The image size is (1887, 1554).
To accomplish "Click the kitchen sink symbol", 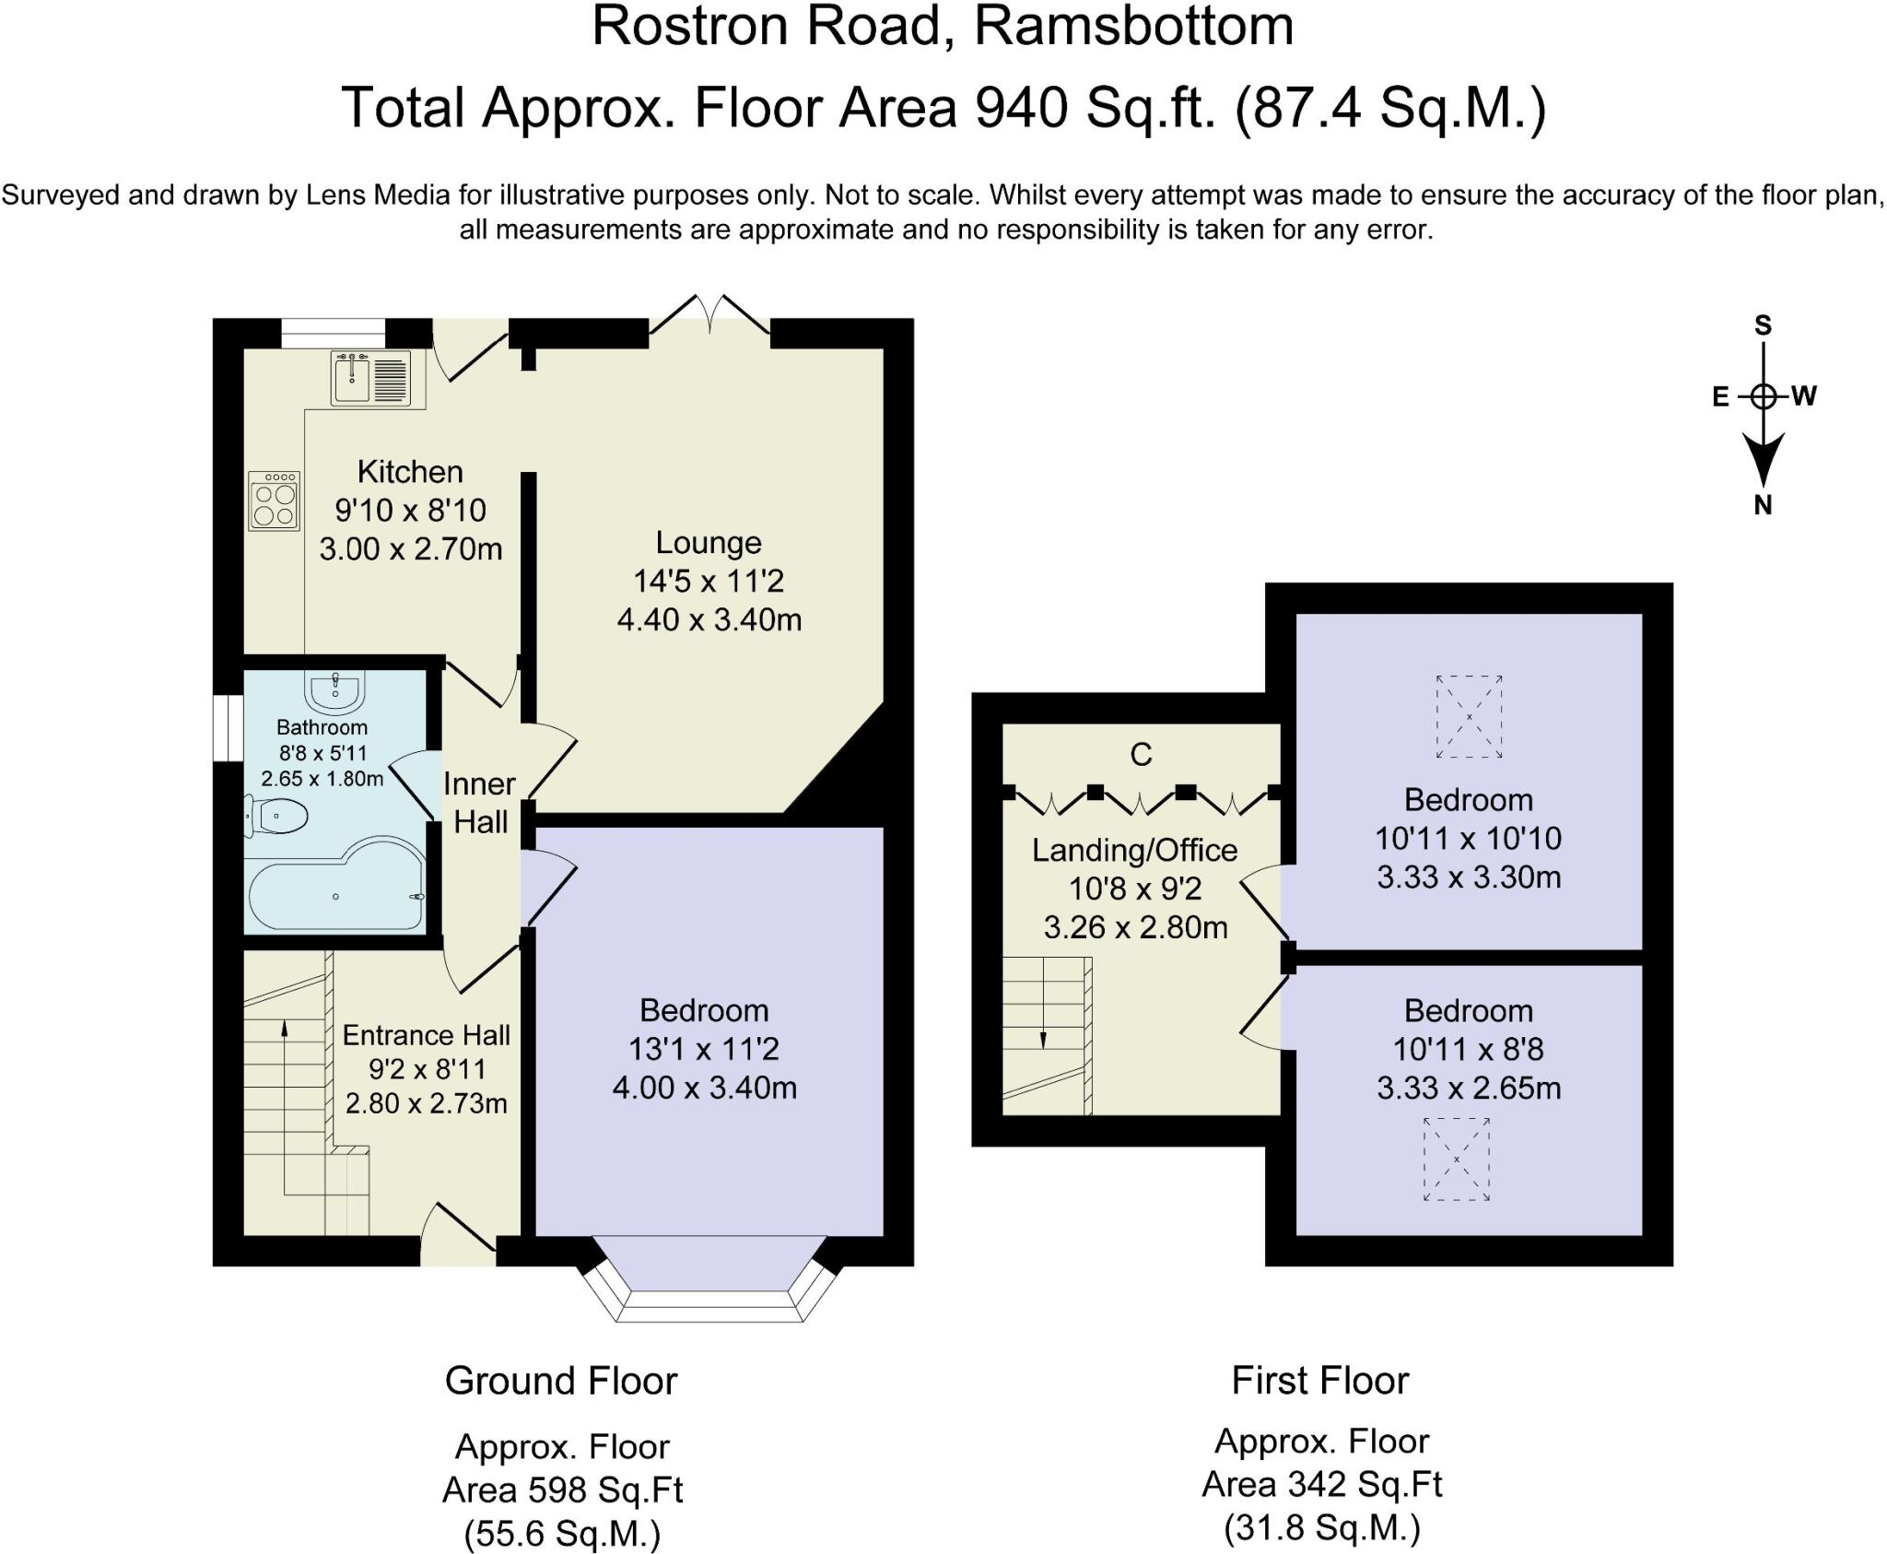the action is (370, 377).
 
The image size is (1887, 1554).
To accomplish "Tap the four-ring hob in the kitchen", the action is (274, 500).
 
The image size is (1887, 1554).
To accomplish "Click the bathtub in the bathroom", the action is (335, 886).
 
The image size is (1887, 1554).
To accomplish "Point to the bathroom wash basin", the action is (335, 691).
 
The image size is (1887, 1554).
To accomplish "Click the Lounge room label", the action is (709, 543).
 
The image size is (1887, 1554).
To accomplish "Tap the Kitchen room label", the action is (410, 472).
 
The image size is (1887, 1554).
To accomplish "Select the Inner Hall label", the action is (479, 803).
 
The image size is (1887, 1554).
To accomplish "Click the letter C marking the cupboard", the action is (1141, 755).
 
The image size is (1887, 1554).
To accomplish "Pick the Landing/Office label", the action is (1134, 851).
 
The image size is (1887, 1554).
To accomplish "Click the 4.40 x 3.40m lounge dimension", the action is (709, 620).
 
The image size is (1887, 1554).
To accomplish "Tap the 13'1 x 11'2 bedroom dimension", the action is (704, 1050).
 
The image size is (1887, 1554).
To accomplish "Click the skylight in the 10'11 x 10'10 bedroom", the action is (1469, 716).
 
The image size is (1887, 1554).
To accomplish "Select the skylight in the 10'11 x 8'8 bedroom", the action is (1457, 1160).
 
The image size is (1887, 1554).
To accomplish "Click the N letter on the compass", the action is (1763, 505).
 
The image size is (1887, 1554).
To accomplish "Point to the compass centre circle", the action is (1763, 397).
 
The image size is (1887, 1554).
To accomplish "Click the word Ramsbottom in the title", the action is (1134, 26).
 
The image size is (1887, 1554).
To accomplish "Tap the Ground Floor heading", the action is (561, 1382).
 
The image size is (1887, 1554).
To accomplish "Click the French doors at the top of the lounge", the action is (709, 315).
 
